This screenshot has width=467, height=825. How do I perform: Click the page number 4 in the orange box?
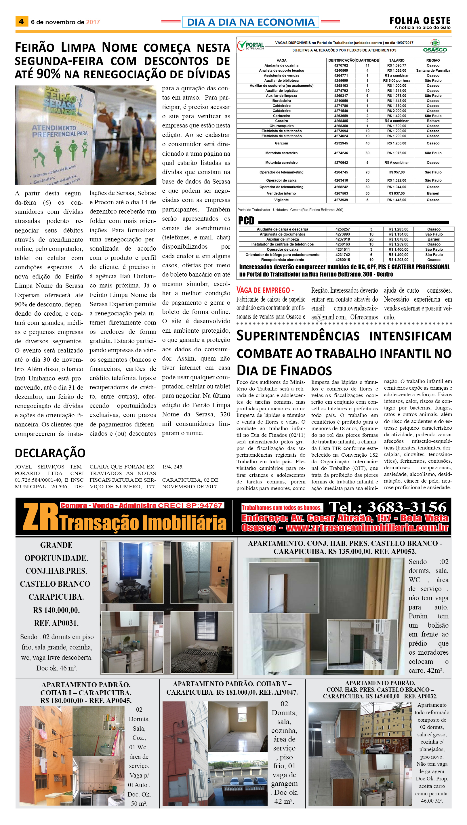[22, 22]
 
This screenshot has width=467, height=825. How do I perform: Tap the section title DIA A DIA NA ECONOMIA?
[251, 22]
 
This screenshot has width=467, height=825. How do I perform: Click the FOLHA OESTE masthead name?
[420, 20]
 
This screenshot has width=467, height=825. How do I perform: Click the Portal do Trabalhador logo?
[251, 46]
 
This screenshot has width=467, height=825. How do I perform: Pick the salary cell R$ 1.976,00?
[397, 153]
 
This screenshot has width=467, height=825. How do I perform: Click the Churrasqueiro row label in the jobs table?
[281, 126]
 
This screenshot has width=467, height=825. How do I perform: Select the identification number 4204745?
[341, 172]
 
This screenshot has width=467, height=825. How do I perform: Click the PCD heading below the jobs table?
[246, 221]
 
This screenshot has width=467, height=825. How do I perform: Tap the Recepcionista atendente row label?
[282, 260]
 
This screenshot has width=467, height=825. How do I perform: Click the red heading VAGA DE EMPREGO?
[265, 290]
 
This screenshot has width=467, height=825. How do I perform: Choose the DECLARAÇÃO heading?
[50, 453]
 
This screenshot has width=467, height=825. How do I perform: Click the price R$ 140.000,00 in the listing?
[56, 610]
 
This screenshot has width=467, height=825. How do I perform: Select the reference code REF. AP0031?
[56, 623]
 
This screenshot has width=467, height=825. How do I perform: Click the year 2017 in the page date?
[93, 22]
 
